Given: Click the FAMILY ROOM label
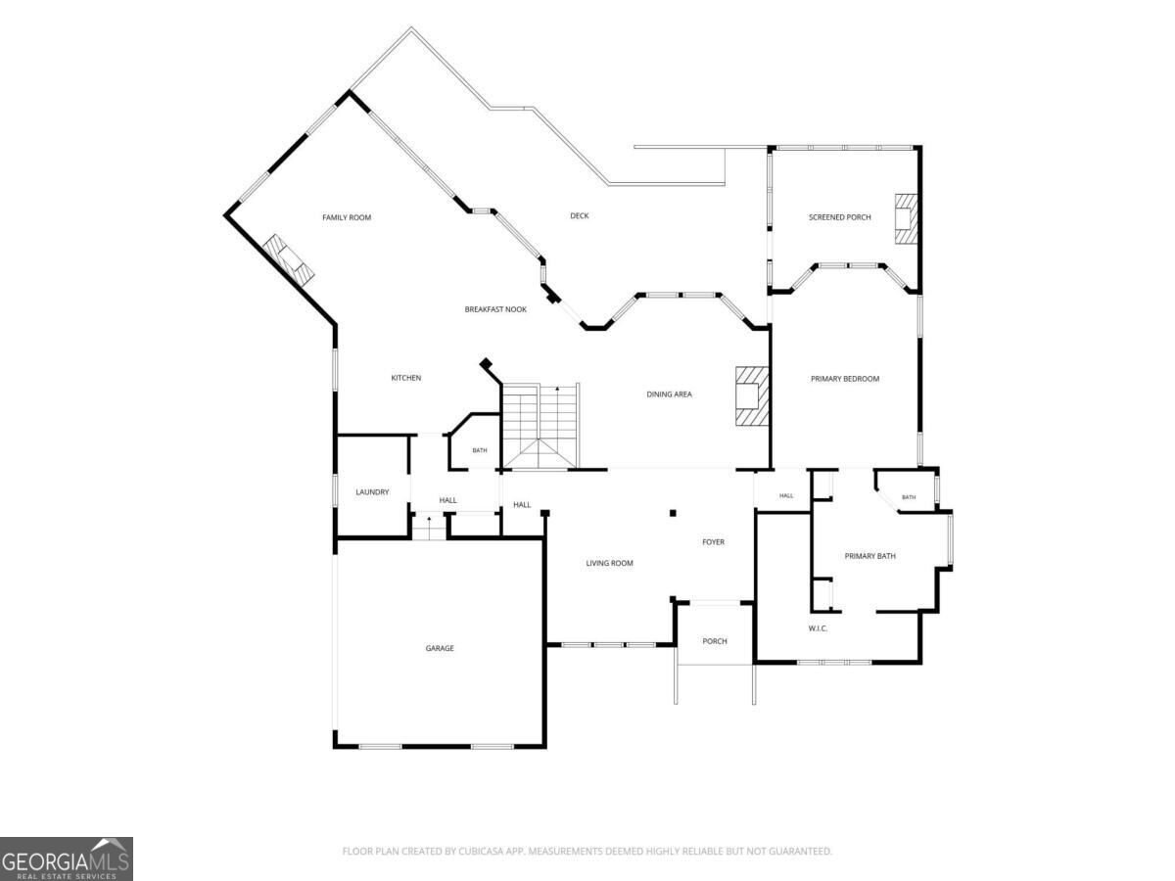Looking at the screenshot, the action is (x=347, y=217).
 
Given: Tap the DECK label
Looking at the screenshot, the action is (x=580, y=215).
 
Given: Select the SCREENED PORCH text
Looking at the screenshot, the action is (x=839, y=217).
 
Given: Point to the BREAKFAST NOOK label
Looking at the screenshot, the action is (x=495, y=309).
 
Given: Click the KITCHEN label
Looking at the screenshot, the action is (x=405, y=378).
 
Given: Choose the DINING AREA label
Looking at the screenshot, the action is (x=669, y=394).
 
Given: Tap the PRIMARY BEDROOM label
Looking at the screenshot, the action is (x=845, y=379).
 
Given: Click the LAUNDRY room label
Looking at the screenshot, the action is (x=372, y=492).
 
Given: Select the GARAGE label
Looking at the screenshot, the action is (x=440, y=648).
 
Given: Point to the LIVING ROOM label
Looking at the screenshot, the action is (x=609, y=563).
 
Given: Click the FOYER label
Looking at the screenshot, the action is (x=713, y=542).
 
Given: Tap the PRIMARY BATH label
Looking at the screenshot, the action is (x=869, y=556).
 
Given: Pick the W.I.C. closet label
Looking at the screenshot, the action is (x=818, y=628).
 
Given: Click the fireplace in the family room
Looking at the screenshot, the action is (x=289, y=257).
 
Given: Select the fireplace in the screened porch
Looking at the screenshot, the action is (x=907, y=219).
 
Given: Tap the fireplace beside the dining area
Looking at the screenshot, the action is (x=752, y=395).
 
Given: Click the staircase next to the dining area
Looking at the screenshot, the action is (x=540, y=427).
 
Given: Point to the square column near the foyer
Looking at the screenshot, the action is (x=673, y=514).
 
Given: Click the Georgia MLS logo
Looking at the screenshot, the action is (x=67, y=859).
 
